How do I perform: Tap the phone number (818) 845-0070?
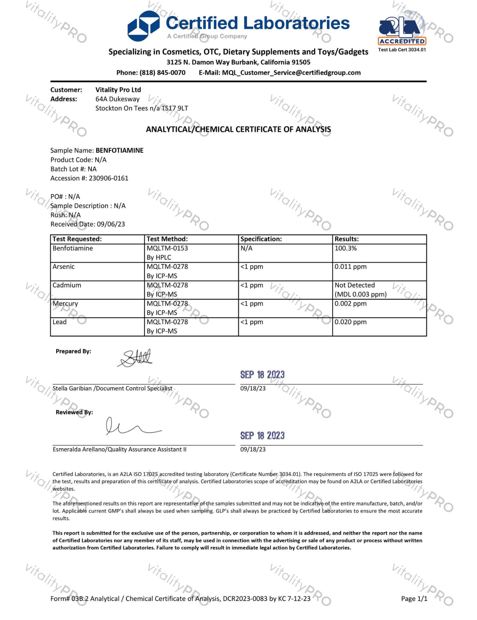pos(162,73)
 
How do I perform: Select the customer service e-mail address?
pos(291,73)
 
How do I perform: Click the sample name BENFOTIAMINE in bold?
pos(120,150)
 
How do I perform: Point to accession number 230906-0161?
pos(108,178)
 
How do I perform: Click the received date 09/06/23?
pos(111,224)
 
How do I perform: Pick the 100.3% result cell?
pos(346,248)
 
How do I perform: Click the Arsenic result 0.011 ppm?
pos(350,267)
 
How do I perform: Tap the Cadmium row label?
pos(67,285)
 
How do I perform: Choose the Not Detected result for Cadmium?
pos(355,285)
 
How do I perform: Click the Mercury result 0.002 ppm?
pos(350,304)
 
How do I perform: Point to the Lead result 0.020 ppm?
pos(350,322)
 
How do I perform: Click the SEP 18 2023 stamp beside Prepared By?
pos(262,375)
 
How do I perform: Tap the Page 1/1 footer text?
pos(414,599)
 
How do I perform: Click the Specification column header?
pos(261,239)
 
